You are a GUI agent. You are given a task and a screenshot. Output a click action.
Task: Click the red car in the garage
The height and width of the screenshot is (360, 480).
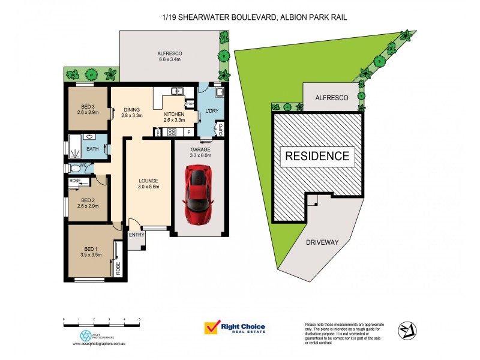198,196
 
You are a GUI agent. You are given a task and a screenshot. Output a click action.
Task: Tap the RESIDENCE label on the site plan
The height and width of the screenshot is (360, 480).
316,157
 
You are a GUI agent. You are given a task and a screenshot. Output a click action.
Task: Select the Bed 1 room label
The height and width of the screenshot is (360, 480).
88,251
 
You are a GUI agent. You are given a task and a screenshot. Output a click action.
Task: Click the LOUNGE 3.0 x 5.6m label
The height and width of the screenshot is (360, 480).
148,182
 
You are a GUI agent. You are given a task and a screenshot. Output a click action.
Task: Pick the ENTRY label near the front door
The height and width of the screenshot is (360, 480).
136,235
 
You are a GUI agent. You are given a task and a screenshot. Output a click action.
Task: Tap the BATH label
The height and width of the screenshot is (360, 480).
92,148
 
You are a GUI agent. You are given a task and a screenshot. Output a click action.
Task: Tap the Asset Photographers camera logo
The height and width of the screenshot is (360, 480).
86,335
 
